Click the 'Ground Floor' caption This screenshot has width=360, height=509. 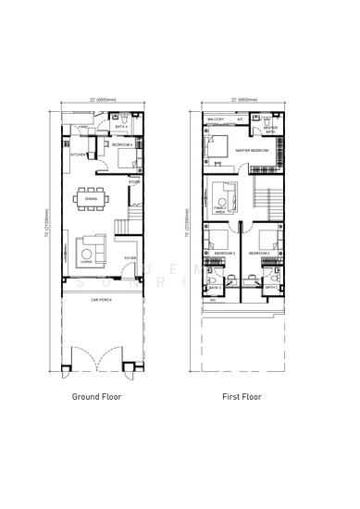click(x=97, y=396)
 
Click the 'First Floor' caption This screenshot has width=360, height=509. click(x=242, y=396)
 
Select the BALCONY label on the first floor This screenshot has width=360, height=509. click(x=217, y=119)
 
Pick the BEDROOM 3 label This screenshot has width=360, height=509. click(x=225, y=253)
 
